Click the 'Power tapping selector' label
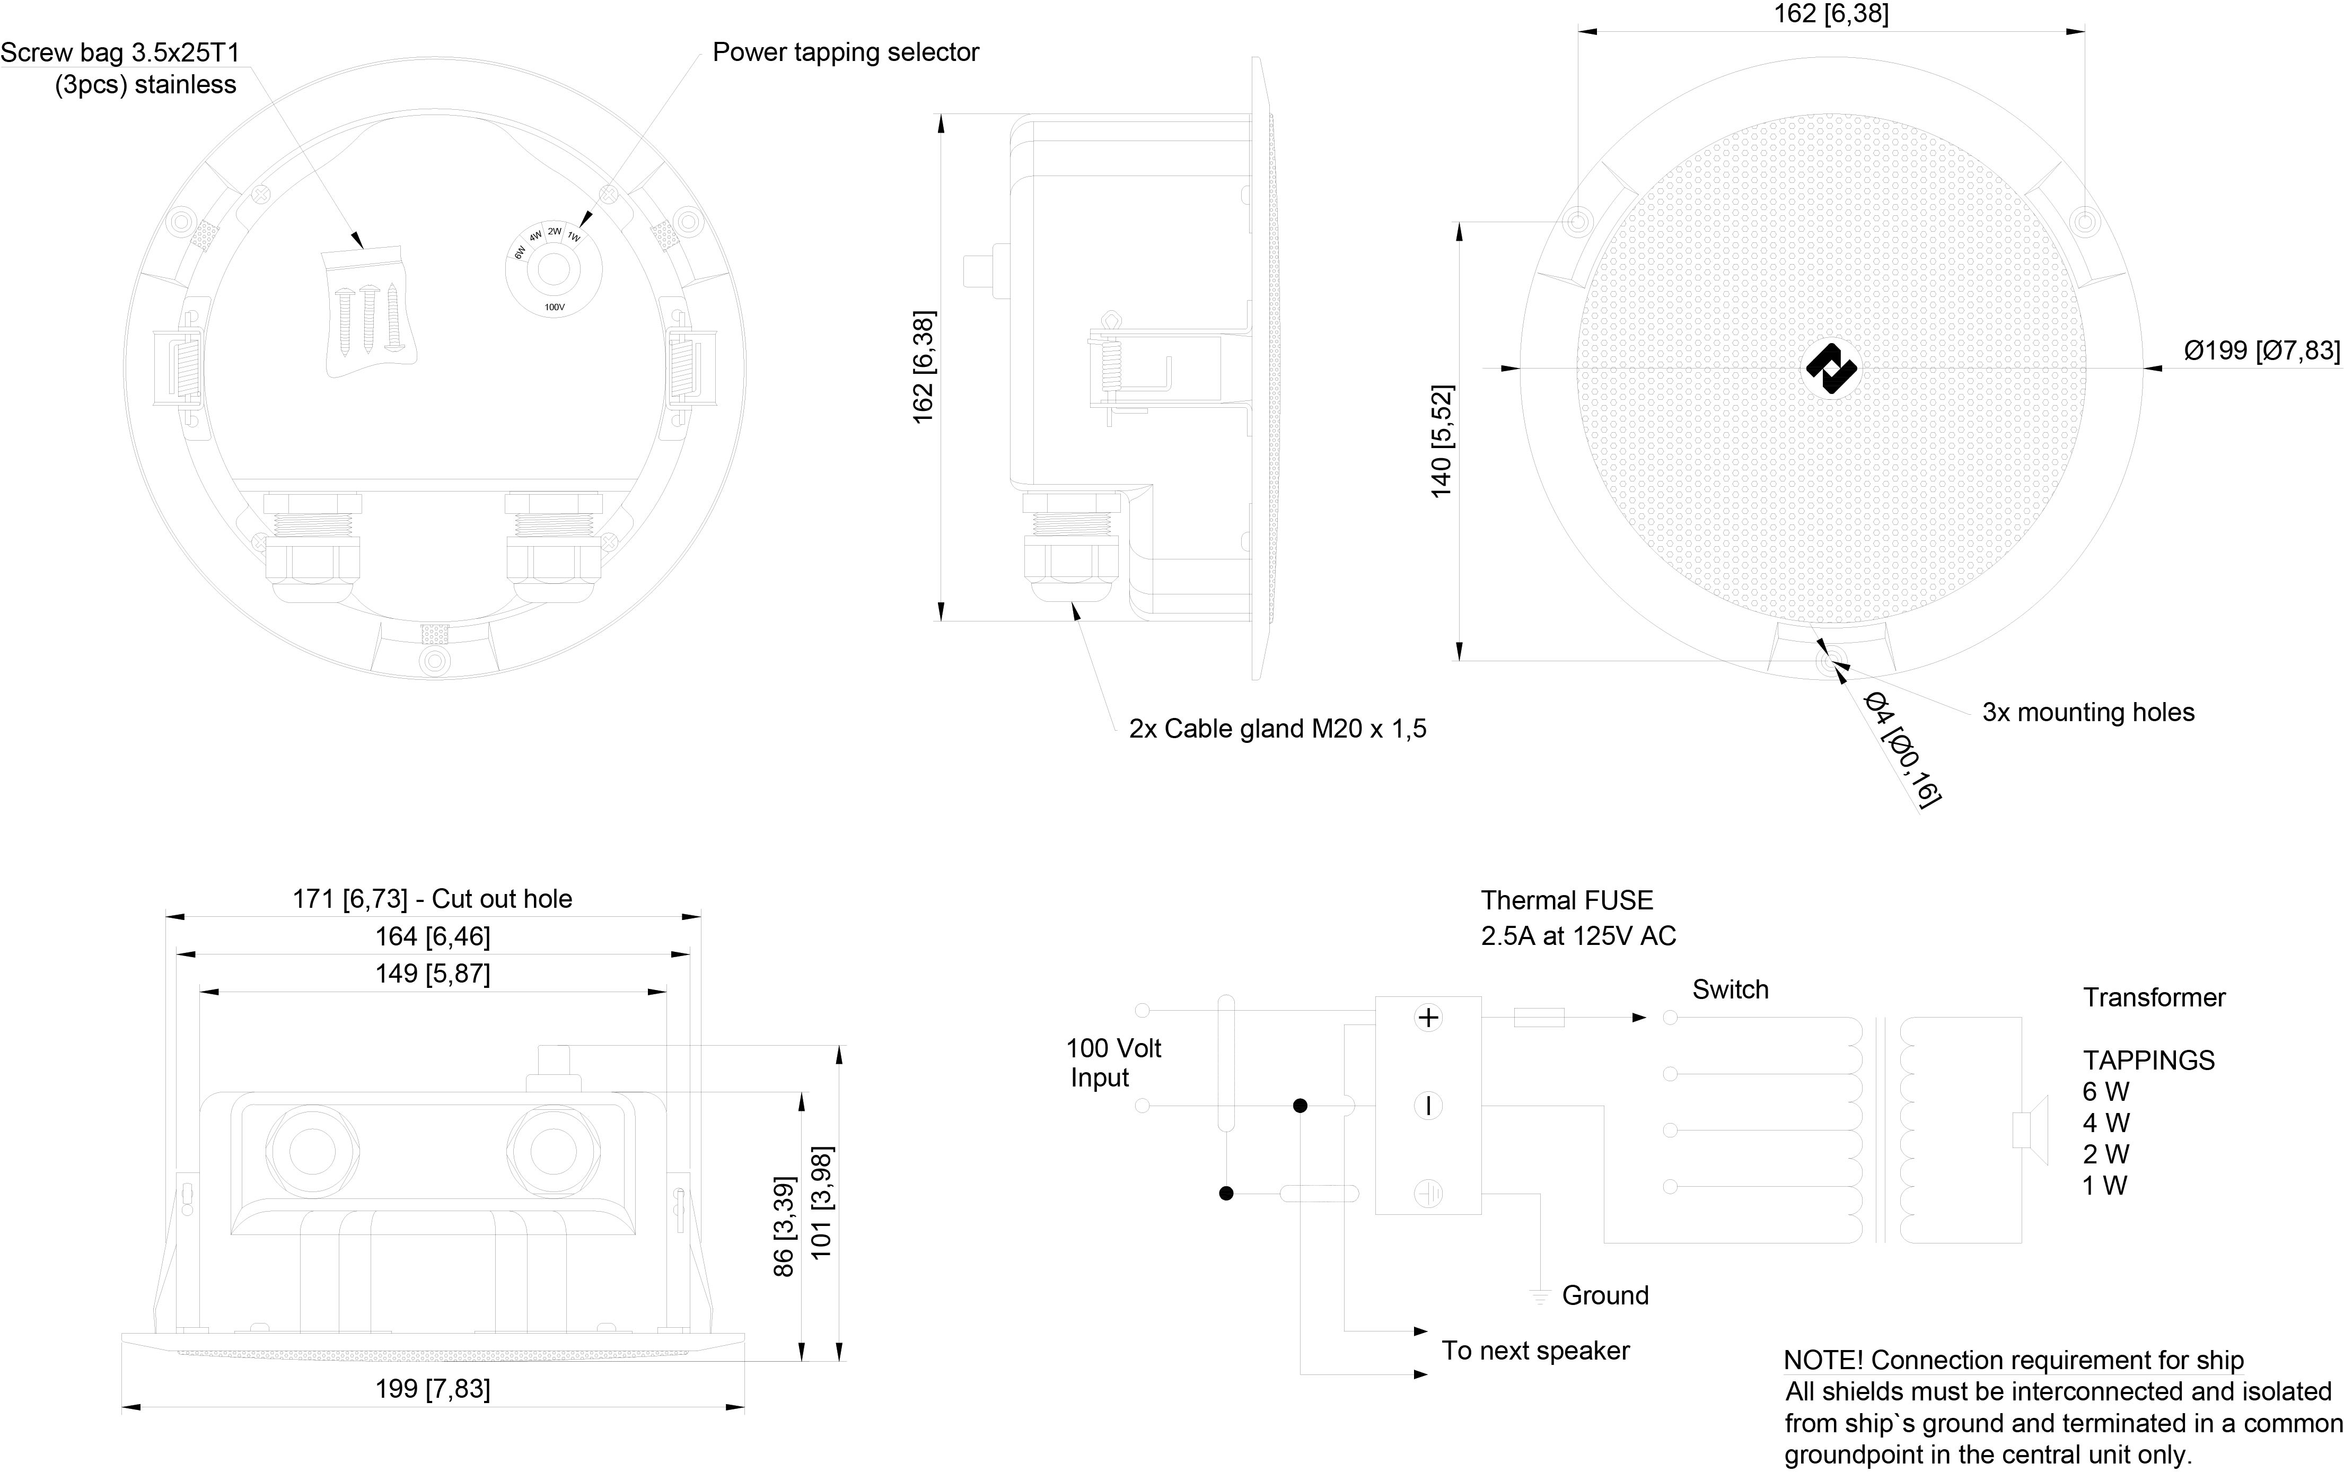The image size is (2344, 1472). coord(845,52)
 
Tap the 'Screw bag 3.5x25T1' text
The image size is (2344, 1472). coord(120,52)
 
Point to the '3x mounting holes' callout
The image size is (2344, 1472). coord(2088,713)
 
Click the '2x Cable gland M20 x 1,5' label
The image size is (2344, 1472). coord(1277,729)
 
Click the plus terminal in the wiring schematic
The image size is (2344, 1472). coord(1428,1018)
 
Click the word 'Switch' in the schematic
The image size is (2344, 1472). coord(1730,990)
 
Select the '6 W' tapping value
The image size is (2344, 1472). coord(2105,1092)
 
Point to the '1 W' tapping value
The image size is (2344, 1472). coord(2104,1186)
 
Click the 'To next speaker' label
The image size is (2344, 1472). coord(1535,1351)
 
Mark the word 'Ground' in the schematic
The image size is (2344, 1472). coord(1605,1296)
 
